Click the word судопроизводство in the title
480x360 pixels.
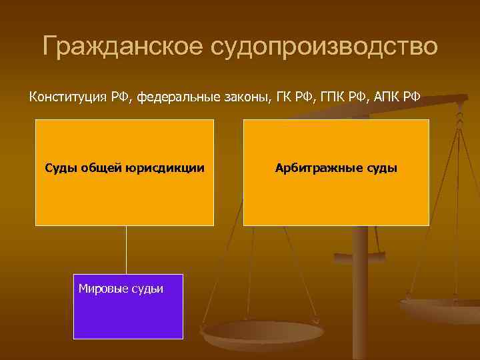(x=325, y=47)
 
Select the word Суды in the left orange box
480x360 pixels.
(x=61, y=168)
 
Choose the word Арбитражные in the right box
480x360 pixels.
(x=316, y=168)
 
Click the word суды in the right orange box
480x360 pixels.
(x=379, y=168)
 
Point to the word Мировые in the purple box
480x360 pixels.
(x=100, y=289)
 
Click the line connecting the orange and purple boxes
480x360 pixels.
(x=126, y=250)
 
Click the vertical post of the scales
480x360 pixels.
(x=360, y=280)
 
